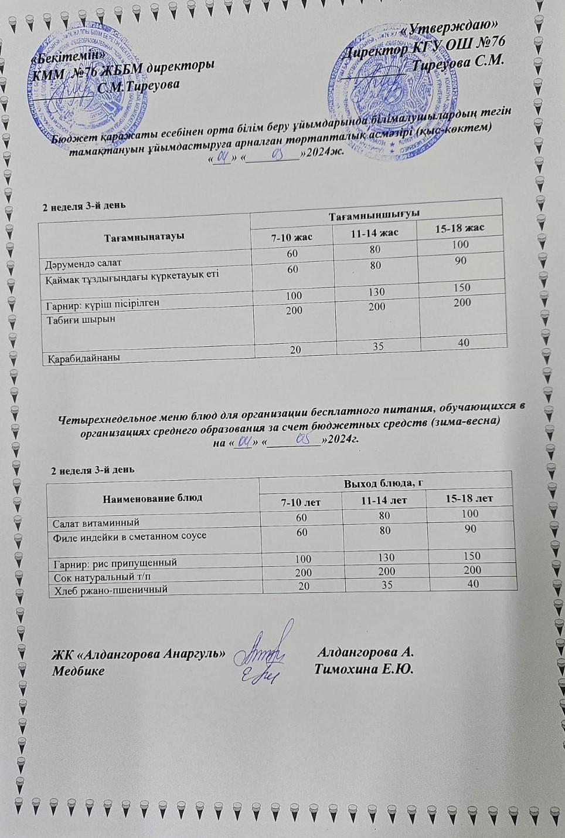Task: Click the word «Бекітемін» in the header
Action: [69, 54]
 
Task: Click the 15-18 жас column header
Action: [460, 228]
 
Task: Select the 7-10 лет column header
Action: [301, 503]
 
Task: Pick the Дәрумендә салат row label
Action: [83, 263]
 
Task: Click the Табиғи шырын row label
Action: [80, 319]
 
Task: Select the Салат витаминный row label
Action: [96, 522]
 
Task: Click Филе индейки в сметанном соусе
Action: [130, 535]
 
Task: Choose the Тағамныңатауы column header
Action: [144, 236]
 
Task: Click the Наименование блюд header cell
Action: [152, 498]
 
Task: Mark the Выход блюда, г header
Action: [384, 483]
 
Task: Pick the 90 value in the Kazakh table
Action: [460, 260]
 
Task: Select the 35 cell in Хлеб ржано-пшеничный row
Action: [385, 584]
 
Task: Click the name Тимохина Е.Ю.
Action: [364, 670]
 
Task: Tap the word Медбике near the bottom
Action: [78, 671]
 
